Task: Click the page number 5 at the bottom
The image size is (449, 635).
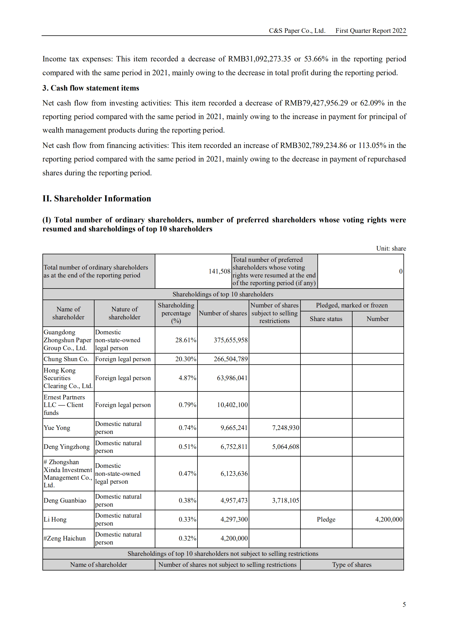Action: tap(404, 604)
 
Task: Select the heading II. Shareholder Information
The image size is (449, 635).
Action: tap(97, 199)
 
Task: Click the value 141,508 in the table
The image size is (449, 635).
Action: tap(219, 271)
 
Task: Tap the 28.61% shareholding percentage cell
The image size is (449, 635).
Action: tap(186, 340)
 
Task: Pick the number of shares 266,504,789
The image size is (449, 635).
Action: tap(231, 359)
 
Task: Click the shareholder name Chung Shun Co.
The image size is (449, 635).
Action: tap(66, 359)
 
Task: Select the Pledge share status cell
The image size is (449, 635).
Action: tap(326, 519)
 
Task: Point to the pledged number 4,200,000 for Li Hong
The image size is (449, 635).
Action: tap(388, 519)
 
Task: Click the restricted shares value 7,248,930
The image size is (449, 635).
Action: tap(285, 428)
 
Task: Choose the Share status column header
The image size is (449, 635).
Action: tap(326, 319)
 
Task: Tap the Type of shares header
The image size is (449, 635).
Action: tap(352, 565)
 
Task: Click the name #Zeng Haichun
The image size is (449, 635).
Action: tap(65, 538)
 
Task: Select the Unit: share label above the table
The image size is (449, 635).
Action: tap(391, 248)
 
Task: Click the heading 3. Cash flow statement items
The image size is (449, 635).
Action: tap(91, 88)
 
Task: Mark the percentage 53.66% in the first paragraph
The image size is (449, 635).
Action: tap(316, 59)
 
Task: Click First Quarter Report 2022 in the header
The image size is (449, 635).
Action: tap(371, 31)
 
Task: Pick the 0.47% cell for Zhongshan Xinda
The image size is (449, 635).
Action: tap(187, 473)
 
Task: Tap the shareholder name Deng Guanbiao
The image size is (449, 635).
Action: tap(65, 500)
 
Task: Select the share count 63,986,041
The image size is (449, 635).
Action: tap(232, 378)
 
